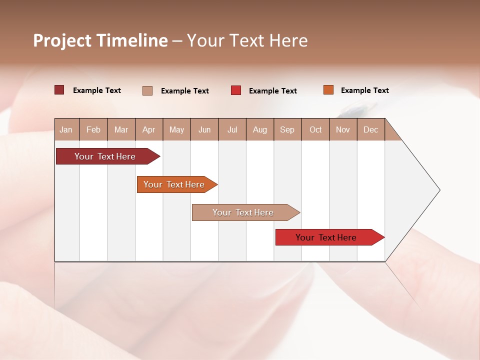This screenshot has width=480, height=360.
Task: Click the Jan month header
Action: [66, 129]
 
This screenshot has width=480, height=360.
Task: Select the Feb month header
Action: [93, 129]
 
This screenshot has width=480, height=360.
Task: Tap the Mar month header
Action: [121, 129]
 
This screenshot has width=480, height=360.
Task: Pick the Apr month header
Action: [149, 129]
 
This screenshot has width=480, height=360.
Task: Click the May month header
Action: [176, 129]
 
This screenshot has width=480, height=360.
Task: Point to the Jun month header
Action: [204, 129]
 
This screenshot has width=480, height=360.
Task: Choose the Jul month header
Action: [232, 129]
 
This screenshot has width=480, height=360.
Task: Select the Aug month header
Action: [260, 129]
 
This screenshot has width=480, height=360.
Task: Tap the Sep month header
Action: [287, 129]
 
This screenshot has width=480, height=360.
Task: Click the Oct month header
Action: [315, 129]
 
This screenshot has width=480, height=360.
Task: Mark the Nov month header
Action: [343, 129]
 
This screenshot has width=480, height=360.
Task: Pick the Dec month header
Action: [371, 129]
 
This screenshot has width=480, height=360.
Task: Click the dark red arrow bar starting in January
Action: [105, 156]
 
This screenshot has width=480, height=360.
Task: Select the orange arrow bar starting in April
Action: [174, 184]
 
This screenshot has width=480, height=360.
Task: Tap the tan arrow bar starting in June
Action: [243, 212]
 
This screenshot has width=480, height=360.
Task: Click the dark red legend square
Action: [59, 90]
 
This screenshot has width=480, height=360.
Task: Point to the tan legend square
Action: [147, 90]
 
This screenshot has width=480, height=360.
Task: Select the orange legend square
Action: [328, 90]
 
